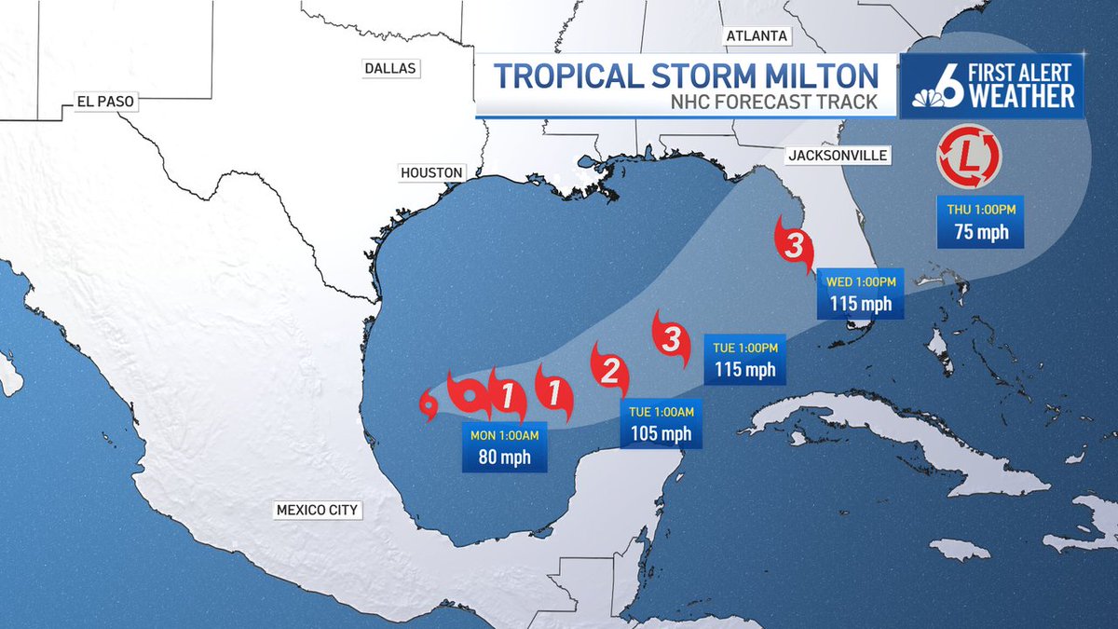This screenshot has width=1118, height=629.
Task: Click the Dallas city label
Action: pos(391,68)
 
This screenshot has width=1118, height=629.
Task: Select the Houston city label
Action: pos(430,172)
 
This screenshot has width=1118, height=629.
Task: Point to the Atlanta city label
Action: pos(756,36)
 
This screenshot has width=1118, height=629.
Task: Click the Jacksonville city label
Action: pos(837,156)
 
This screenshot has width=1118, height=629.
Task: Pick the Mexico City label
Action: pos(317,510)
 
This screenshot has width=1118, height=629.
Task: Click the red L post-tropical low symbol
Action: pos(969,156)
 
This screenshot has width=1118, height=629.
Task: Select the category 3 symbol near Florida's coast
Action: pos(793,247)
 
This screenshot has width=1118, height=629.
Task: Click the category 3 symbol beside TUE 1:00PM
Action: pos(672,338)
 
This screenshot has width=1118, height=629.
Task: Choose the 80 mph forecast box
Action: pos(503,447)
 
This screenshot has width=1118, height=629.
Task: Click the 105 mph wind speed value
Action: pos(661,433)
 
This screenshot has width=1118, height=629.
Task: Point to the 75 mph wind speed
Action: pos(981,233)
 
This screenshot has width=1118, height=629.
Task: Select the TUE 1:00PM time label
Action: pos(744,348)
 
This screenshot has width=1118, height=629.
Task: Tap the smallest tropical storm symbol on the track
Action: pos(429,403)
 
